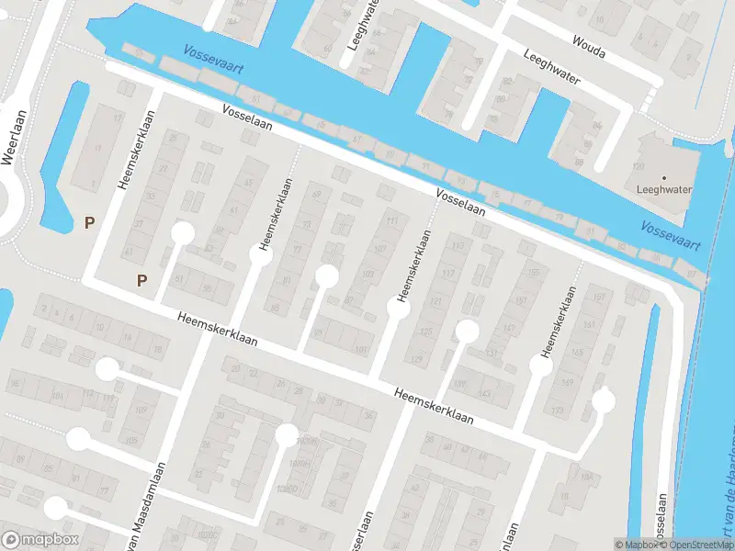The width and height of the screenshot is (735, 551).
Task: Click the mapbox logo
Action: click(40, 540)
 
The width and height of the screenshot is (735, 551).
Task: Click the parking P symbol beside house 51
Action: click(142, 280)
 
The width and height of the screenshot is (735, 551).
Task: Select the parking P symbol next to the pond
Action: click(89, 222)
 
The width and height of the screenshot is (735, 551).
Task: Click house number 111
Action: click(393, 220)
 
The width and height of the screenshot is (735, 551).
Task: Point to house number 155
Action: click(533, 273)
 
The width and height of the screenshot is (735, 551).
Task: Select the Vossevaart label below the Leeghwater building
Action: click(671, 236)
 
